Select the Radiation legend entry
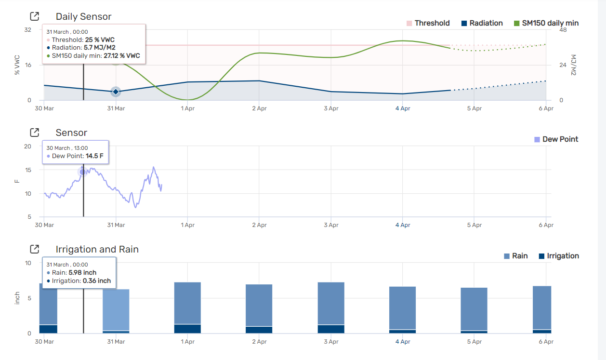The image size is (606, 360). pos(482,23)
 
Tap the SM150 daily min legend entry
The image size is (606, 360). pos(546,23)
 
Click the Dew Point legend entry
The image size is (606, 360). pos(556,139)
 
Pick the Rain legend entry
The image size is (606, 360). pos(515,256)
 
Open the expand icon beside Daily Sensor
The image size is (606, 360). pos(35,16)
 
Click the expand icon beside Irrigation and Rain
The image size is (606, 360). pos(35,249)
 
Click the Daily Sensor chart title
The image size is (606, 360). pos(83,16)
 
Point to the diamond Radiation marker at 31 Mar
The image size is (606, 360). pos(116,92)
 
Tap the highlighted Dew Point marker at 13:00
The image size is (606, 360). pos(83,172)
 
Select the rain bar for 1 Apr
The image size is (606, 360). pos(187,303)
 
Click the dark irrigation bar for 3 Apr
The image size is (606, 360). pos(331,329)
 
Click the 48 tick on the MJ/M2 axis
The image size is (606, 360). pos(563,30)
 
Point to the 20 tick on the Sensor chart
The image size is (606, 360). pos(27,147)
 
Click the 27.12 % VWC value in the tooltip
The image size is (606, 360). pos(122,56)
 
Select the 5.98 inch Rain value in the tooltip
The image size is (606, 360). pos(82,273)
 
